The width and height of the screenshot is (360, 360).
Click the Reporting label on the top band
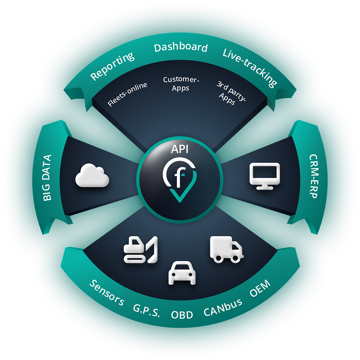[x=112, y=66]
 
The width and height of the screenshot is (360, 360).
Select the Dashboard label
[x=181, y=48]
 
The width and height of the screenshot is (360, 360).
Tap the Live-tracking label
[x=250, y=67]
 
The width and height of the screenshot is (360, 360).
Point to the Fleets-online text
[x=127, y=94]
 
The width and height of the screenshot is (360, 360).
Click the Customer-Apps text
[x=181, y=84]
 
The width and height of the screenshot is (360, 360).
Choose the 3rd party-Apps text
[x=230, y=93]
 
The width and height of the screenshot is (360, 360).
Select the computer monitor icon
[x=265, y=176]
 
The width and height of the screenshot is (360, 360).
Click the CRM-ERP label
[x=314, y=176]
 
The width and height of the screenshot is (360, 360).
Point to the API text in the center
[x=180, y=149]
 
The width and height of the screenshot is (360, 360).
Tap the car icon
[x=182, y=272]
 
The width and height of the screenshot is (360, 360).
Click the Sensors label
[x=107, y=293]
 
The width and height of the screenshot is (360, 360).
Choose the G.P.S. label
[x=147, y=310]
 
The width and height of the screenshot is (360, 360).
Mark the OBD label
[x=182, y=315]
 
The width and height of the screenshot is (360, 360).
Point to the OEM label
[x=260, y=289]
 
